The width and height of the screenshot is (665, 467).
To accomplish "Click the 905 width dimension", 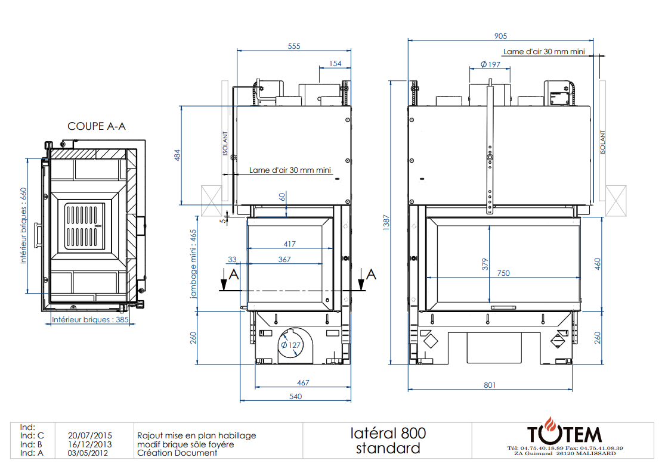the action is coord(500,36).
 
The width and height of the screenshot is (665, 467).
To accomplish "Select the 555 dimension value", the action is coord(294,46).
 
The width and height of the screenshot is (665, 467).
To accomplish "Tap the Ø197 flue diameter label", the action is coord(490,64).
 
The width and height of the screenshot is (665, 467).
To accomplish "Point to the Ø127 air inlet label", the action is coord(290,345).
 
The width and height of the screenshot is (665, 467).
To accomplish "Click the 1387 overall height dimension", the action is coord(386,222).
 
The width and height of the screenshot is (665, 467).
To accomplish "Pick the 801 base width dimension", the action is coord(490,385).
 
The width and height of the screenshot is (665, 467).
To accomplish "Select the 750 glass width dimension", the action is coord(503,273).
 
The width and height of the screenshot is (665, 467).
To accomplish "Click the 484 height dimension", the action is coord(177,155).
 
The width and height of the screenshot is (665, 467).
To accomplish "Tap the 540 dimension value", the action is coord(296,396).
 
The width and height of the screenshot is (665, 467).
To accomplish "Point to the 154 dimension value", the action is coord(335,64).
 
